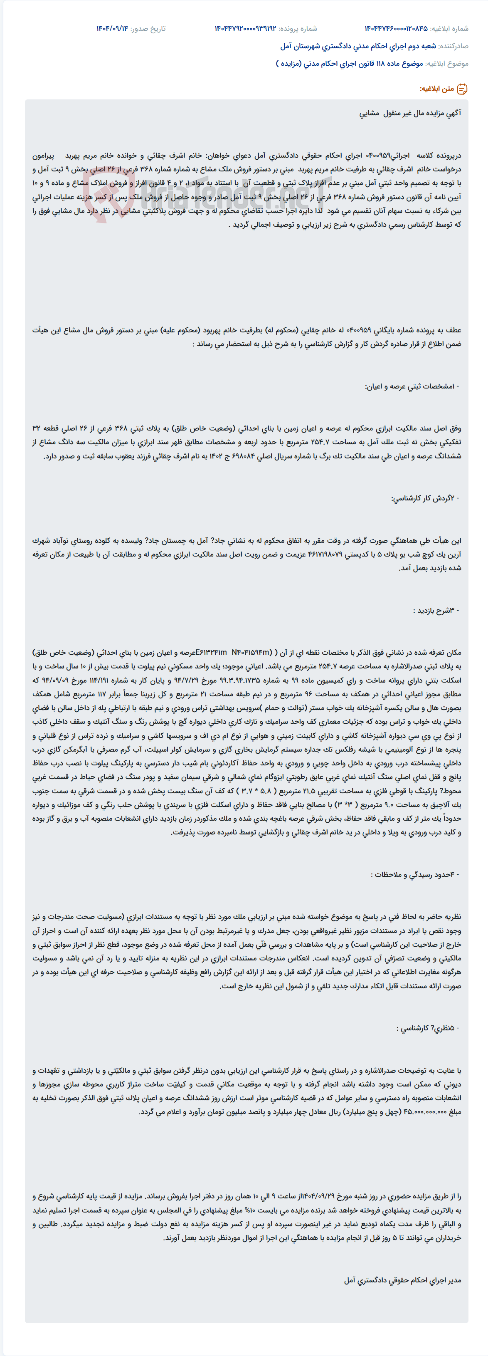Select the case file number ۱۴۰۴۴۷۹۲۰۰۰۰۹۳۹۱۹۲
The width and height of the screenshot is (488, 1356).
pos(245,28)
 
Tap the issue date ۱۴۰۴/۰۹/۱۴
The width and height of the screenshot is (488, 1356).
pos(112,28)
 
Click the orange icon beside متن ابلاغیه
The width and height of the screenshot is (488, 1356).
pos(462,89)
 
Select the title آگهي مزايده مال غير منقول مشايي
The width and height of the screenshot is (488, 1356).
pos(410,113)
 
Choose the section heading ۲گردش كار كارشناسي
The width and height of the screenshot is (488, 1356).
pos(425,498)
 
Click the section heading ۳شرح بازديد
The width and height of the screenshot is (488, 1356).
pos(436,611)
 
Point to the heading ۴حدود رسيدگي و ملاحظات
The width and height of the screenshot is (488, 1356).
pos(415,874)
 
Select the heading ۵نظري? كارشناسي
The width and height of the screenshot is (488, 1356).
pos(428,1028)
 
